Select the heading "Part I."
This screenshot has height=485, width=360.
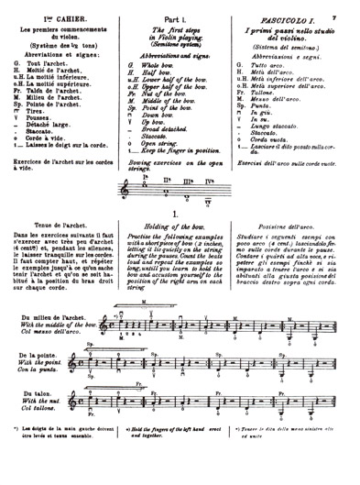(x=180, y=10)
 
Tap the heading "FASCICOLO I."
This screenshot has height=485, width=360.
(x=289, y=9)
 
